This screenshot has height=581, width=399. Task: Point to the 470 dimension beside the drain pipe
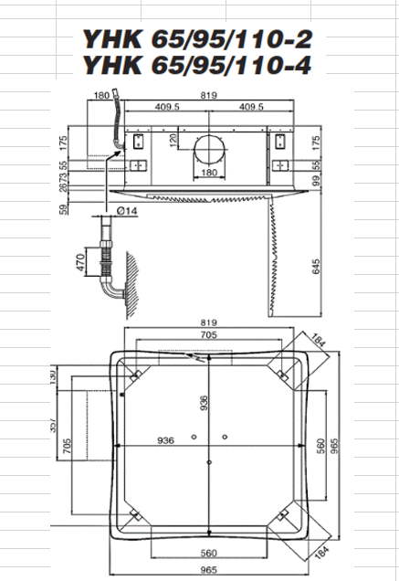(80, 265)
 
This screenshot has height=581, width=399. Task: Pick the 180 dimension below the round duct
(208, 174)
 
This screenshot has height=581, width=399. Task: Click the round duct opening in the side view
(208, 150)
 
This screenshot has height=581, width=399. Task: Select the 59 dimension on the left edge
(64, 210)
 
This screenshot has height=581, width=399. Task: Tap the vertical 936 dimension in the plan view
(204, 402)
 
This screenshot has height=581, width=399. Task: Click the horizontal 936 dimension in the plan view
(164, 440)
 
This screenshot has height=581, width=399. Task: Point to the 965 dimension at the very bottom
(208, 569)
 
